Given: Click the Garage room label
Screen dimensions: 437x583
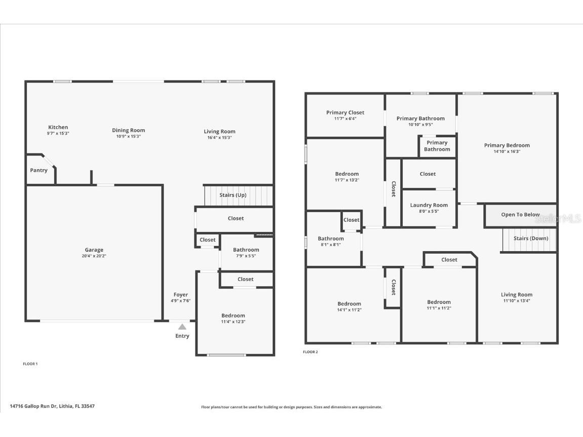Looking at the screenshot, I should point(94,250).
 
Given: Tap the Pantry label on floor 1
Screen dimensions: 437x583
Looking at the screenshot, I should point(38,170).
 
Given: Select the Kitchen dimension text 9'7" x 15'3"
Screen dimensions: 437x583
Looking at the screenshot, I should point(58,133).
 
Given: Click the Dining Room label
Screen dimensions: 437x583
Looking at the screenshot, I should point(128,130).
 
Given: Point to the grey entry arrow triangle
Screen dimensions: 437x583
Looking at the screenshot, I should point(182,327).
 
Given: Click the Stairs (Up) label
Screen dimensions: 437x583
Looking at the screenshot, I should point(233,195).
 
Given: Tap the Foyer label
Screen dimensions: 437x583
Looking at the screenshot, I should point(181,294).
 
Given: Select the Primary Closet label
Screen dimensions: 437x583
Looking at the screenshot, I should point(345,112).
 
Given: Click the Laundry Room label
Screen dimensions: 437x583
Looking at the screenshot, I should point(429,205).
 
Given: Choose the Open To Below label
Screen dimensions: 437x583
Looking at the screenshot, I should point(520,215).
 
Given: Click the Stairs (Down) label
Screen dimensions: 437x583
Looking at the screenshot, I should point(530,238).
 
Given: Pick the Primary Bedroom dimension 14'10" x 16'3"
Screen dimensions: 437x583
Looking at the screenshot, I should point(507,151).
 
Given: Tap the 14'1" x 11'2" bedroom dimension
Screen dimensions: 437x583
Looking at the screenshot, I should point(349,310).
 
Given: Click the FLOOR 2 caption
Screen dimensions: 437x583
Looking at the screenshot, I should point(310,352).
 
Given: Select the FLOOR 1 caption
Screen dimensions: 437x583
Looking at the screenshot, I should point(30,364).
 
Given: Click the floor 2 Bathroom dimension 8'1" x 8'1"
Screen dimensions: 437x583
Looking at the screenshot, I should point(331,245).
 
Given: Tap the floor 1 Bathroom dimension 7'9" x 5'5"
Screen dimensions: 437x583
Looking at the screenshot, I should point(246,256).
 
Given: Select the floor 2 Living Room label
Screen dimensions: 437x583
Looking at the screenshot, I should point(517,295).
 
